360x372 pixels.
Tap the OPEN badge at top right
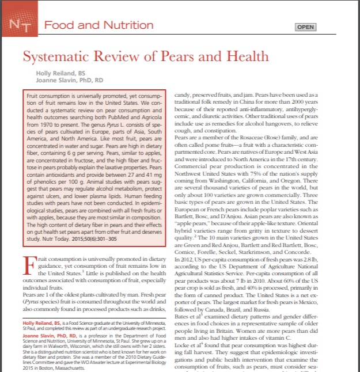tap(305, 27)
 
